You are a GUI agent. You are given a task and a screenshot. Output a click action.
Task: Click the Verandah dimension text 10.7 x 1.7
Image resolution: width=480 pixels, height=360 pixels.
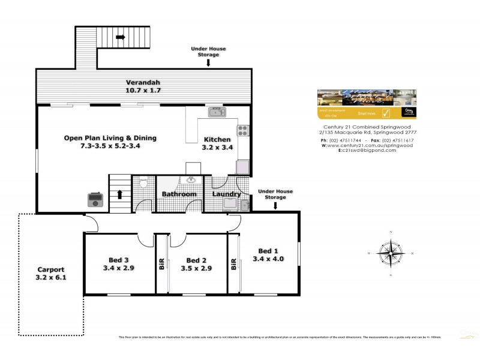coord(143,91)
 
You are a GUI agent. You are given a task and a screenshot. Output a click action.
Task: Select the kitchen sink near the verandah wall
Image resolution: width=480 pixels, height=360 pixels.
coord(216,112)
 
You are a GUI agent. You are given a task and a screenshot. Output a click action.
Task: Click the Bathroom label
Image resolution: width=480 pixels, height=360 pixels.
coord(179,194)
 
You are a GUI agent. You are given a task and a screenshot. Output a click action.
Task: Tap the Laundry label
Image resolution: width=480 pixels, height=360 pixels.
coord(227,194)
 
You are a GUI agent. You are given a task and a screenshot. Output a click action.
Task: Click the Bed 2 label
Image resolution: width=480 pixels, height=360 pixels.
coord(197,260)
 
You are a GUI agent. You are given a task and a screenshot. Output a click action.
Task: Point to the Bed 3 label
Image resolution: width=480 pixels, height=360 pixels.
coord(119,259)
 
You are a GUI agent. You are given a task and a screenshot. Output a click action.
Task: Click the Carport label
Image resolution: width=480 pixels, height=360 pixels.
coord(50,269)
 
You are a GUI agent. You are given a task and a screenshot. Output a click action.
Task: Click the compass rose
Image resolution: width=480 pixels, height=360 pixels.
coord(391,253)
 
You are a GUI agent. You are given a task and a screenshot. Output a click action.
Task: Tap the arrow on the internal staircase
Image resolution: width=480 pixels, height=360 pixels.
coord(120,194)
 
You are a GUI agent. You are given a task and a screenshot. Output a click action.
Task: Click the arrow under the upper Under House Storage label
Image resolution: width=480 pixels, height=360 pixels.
coord(208,62)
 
